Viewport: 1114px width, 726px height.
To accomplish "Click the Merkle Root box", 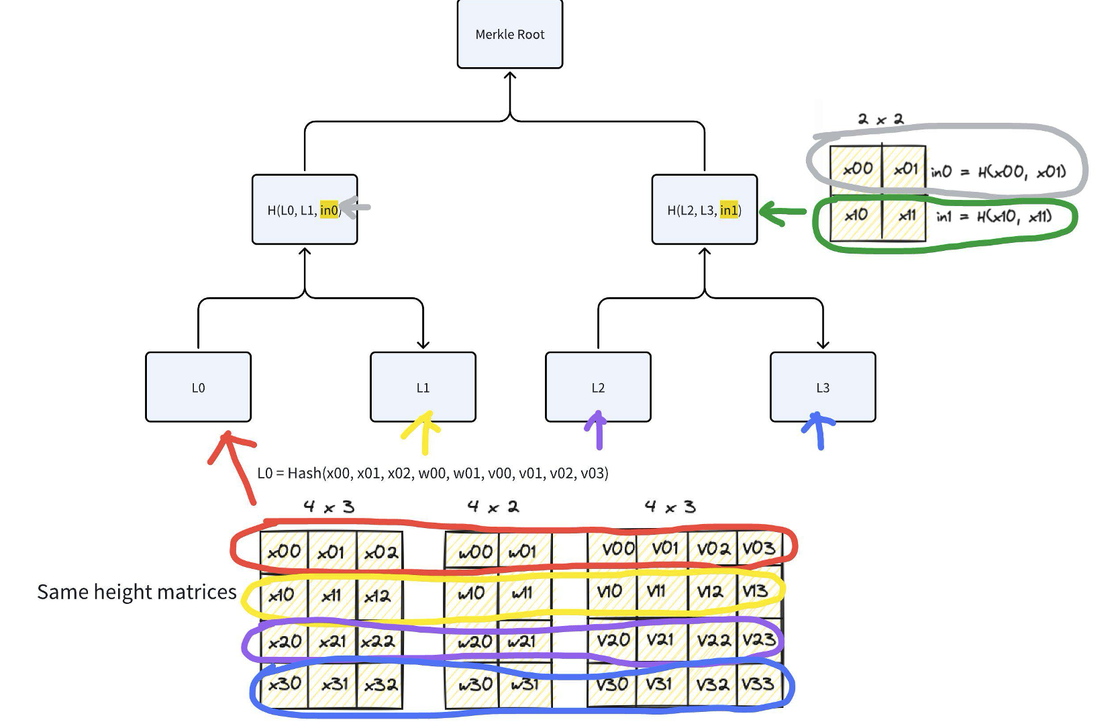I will point(510,34).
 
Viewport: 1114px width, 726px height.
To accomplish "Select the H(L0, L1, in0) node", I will point(305,210).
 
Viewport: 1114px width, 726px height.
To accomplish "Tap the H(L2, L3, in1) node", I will point(705,210).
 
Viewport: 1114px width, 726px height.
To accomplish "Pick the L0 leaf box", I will point(198,387).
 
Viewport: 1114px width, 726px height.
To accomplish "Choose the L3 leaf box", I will point(823,387).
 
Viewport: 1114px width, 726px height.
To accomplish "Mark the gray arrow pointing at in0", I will point(355,207).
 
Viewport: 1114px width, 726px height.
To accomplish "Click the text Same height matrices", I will point(137,592).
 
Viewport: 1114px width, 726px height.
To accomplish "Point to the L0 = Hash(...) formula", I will point(433,473).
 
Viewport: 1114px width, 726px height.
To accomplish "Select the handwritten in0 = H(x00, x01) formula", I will point(998,172).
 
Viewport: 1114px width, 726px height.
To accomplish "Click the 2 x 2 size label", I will point(880,119).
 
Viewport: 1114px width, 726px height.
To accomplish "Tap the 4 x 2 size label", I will point(493,507).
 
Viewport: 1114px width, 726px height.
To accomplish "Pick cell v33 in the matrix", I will point(758,684).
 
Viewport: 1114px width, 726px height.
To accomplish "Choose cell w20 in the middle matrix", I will point(474,642).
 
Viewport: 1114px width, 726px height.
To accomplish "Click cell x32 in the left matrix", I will point(381,685).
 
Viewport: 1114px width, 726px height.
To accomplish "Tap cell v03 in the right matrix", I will point(758,548).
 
